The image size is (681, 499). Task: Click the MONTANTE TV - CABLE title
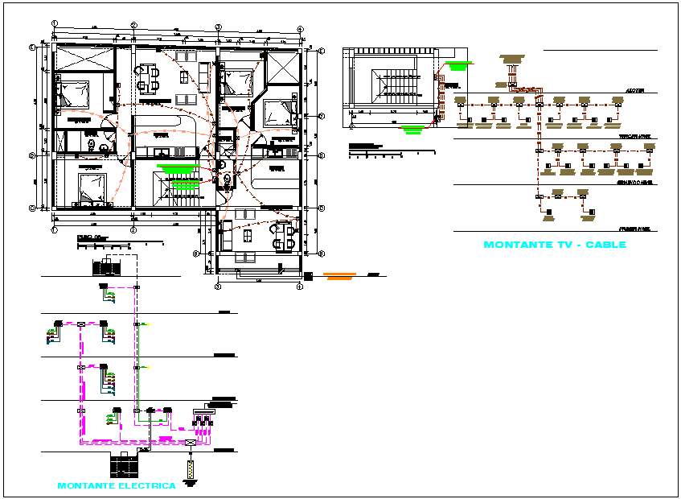pos(554,244)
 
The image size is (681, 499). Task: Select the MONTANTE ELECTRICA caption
pos(117,485)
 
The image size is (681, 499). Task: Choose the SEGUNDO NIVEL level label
pos(634,183)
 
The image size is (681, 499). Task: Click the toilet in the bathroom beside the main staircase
pos(227,179)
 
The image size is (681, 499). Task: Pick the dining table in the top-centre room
pos(148,79)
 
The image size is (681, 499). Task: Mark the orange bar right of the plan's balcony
pos(338,276)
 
